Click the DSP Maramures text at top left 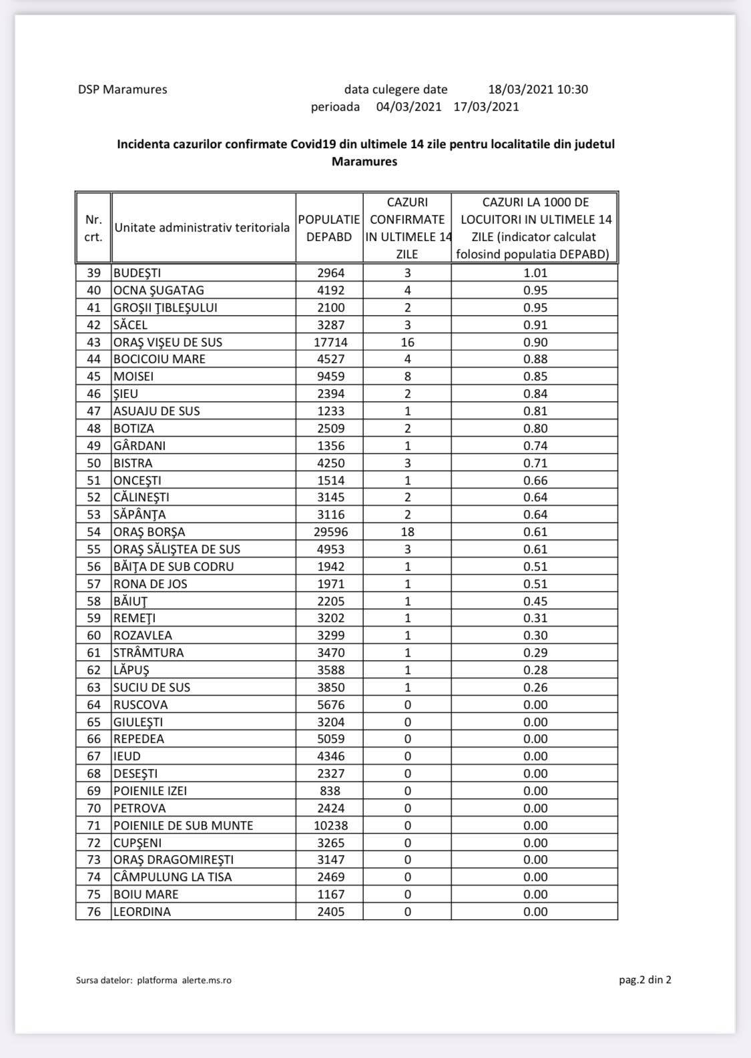tap(122, 89)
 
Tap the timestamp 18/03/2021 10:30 tap(538, 89)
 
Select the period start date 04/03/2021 tap(409, 107)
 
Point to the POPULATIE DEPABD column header tap(329, 228)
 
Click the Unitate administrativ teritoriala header tap(202, 228)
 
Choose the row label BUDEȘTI tap(138, 273)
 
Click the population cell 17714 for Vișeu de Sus tap(330, 342)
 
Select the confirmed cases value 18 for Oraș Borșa tap(407, 532)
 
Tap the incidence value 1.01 tap(535, 273)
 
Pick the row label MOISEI tap(134, 376)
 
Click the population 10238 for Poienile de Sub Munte tap(330, 826)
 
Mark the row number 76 tap(93, 912)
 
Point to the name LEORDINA tap(142, 912)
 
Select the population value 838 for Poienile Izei tap(330, 791)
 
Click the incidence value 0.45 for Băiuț tap(535, 601)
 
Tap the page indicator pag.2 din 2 tap(645, 980)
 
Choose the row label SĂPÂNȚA tap(140, 515)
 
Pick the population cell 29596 tap(330, 532)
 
